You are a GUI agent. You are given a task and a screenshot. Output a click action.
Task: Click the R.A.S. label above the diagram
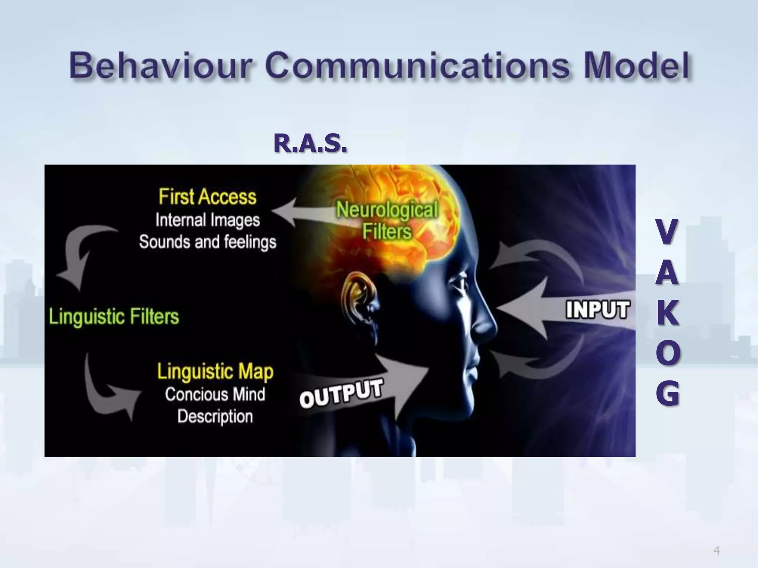[x=310, y=143]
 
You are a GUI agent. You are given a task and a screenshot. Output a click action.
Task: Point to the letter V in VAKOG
[x=667, y=231]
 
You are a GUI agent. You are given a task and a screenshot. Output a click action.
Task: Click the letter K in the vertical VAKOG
[x=668, y=313]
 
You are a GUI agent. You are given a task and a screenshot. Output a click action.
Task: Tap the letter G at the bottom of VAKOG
[x=668, y=393]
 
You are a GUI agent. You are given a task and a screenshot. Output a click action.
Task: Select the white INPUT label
[x=597, y=310]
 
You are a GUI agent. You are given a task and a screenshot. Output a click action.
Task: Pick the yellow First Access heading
[x=207, y=196]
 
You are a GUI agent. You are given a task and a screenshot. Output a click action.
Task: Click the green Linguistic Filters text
[x=114, y=317]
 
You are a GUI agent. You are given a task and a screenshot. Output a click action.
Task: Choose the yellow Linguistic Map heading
[x=215, y=371]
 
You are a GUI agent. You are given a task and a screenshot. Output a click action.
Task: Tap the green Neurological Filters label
[x=387, y=220]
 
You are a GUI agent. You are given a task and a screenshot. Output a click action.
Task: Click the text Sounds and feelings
[x=208, y=242]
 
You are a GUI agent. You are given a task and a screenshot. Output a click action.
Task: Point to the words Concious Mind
[x=215, y=395]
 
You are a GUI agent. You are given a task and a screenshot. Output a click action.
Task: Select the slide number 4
[x=717, y=541]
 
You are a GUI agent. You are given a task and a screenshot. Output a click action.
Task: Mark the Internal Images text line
[x=208, y=220]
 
